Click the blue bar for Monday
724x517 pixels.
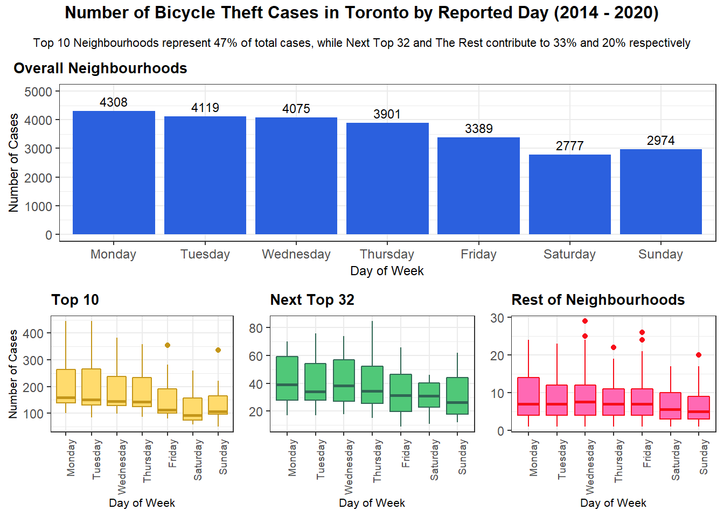114,172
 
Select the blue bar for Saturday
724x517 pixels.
569,194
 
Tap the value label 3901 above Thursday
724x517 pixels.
387,114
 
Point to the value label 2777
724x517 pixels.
569,146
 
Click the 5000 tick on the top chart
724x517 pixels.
38,92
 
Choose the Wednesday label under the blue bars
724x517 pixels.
296,254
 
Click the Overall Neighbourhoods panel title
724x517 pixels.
100,68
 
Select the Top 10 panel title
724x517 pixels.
75,300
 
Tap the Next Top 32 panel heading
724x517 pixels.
312,300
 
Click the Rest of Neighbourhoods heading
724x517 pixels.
598,300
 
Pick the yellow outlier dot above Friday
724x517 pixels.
168,345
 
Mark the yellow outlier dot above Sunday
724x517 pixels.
218,350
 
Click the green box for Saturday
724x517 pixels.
429,395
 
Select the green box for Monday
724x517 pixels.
287,378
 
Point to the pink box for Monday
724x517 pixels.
528,396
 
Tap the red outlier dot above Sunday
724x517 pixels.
699,355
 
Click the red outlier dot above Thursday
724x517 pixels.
614,347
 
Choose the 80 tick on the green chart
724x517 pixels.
256,328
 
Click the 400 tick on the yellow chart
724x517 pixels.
33,333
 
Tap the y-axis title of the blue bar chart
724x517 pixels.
13,163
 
